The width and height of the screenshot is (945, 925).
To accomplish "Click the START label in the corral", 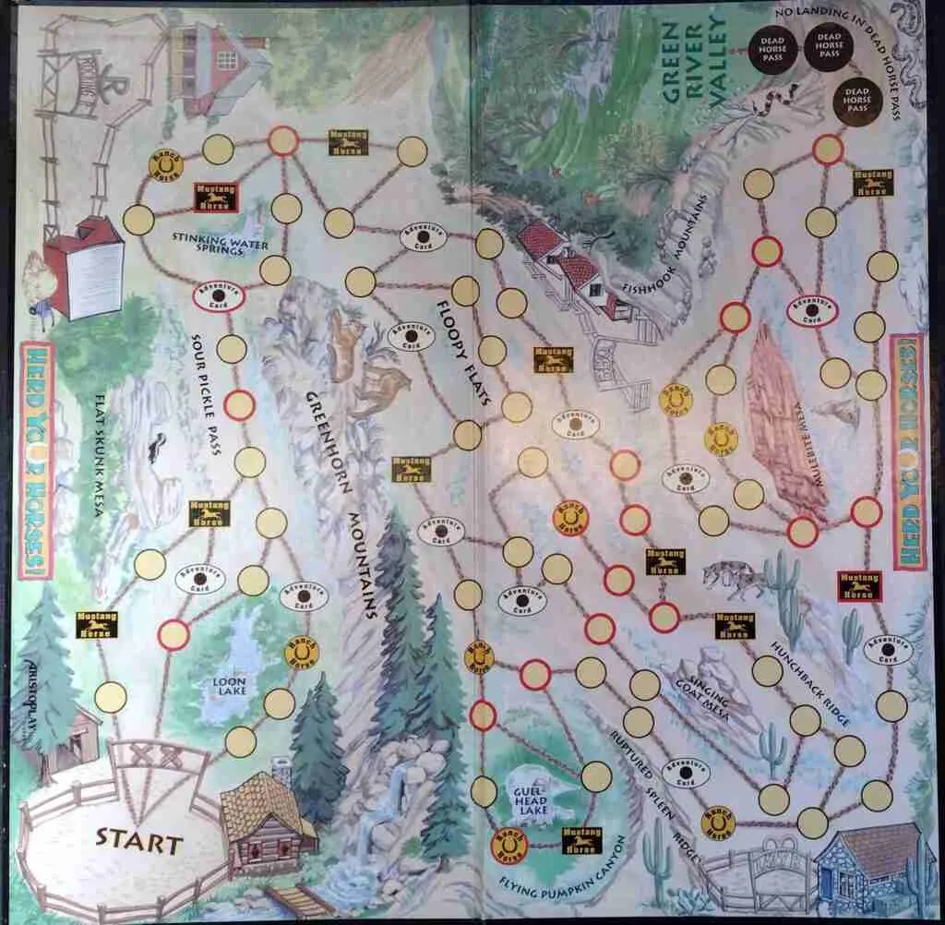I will point(140,842).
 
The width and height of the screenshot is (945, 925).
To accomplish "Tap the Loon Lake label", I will point(227,688).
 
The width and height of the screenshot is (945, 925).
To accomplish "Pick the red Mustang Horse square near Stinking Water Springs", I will point(215,196).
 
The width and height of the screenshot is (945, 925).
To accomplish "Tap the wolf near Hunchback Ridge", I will point(734,577).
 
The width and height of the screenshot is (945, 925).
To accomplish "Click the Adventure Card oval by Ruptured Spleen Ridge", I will point(685,771).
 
